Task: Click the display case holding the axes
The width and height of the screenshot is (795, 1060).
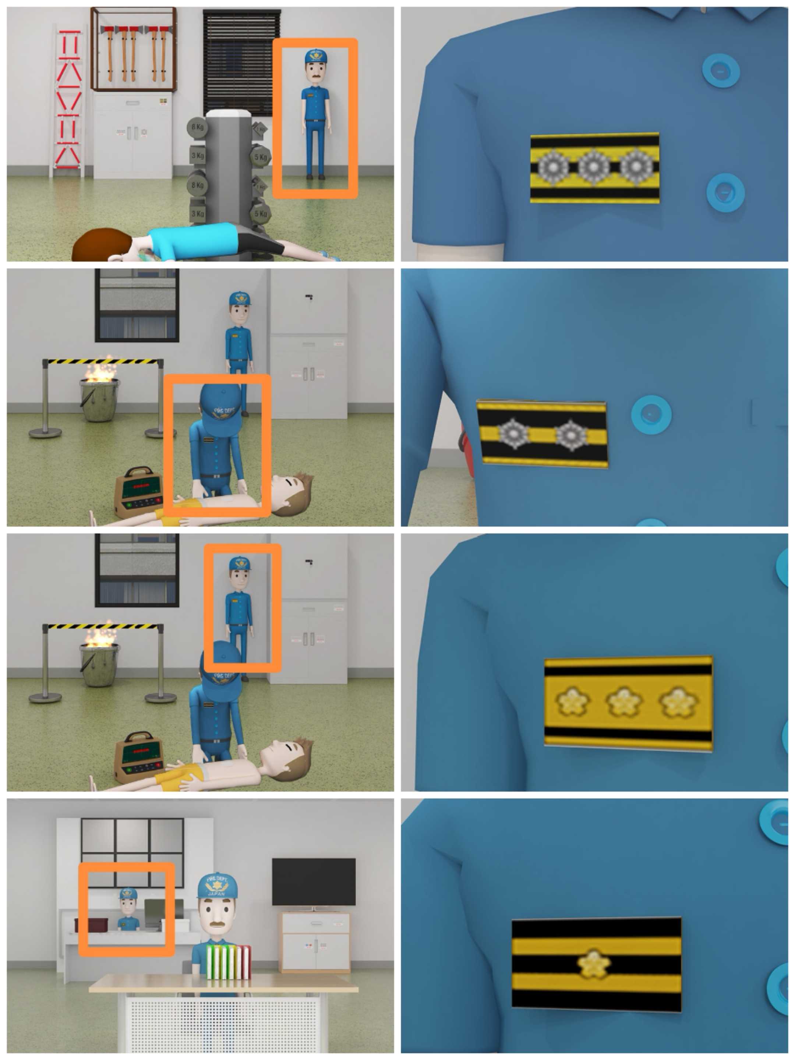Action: (133, 49)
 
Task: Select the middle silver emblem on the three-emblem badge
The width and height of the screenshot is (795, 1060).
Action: (593, 167)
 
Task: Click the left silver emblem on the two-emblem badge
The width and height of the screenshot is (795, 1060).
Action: (513, 434)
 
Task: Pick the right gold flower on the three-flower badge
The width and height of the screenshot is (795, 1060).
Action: (678, 702)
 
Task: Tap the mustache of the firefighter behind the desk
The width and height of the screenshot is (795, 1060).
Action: (217, 924)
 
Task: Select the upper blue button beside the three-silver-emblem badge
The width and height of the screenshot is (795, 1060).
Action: (720, 70)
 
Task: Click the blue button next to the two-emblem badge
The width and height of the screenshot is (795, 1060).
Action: (651, 414)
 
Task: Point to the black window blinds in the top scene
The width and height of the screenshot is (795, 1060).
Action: (241, 62)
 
